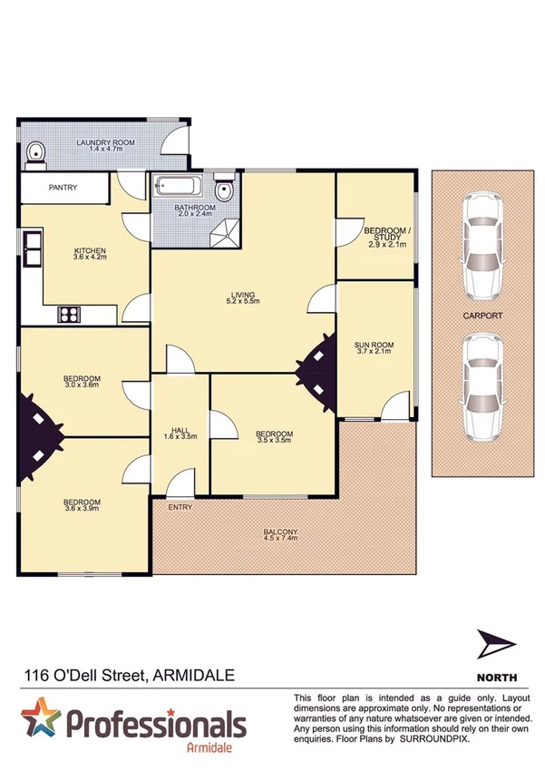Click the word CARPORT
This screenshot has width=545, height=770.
(x=480, y=317)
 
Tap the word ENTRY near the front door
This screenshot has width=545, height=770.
(x=180, y=507)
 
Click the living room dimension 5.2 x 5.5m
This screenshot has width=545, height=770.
(x=243, y=302)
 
